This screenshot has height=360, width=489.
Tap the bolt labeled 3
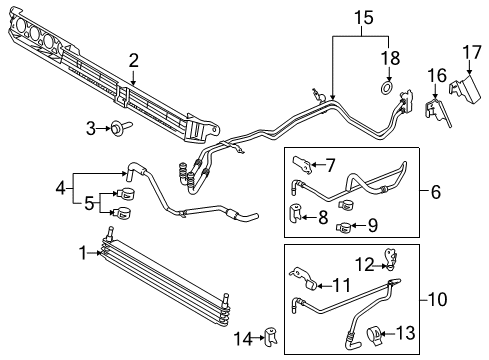(117, 128)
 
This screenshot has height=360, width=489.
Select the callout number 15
(360, 16)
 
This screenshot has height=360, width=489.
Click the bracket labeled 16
(436, 110)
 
